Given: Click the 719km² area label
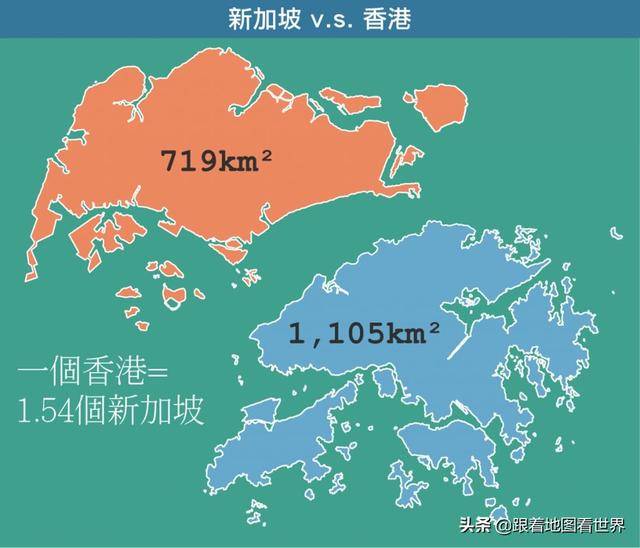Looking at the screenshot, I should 216,160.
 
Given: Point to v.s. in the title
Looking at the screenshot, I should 321,18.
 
